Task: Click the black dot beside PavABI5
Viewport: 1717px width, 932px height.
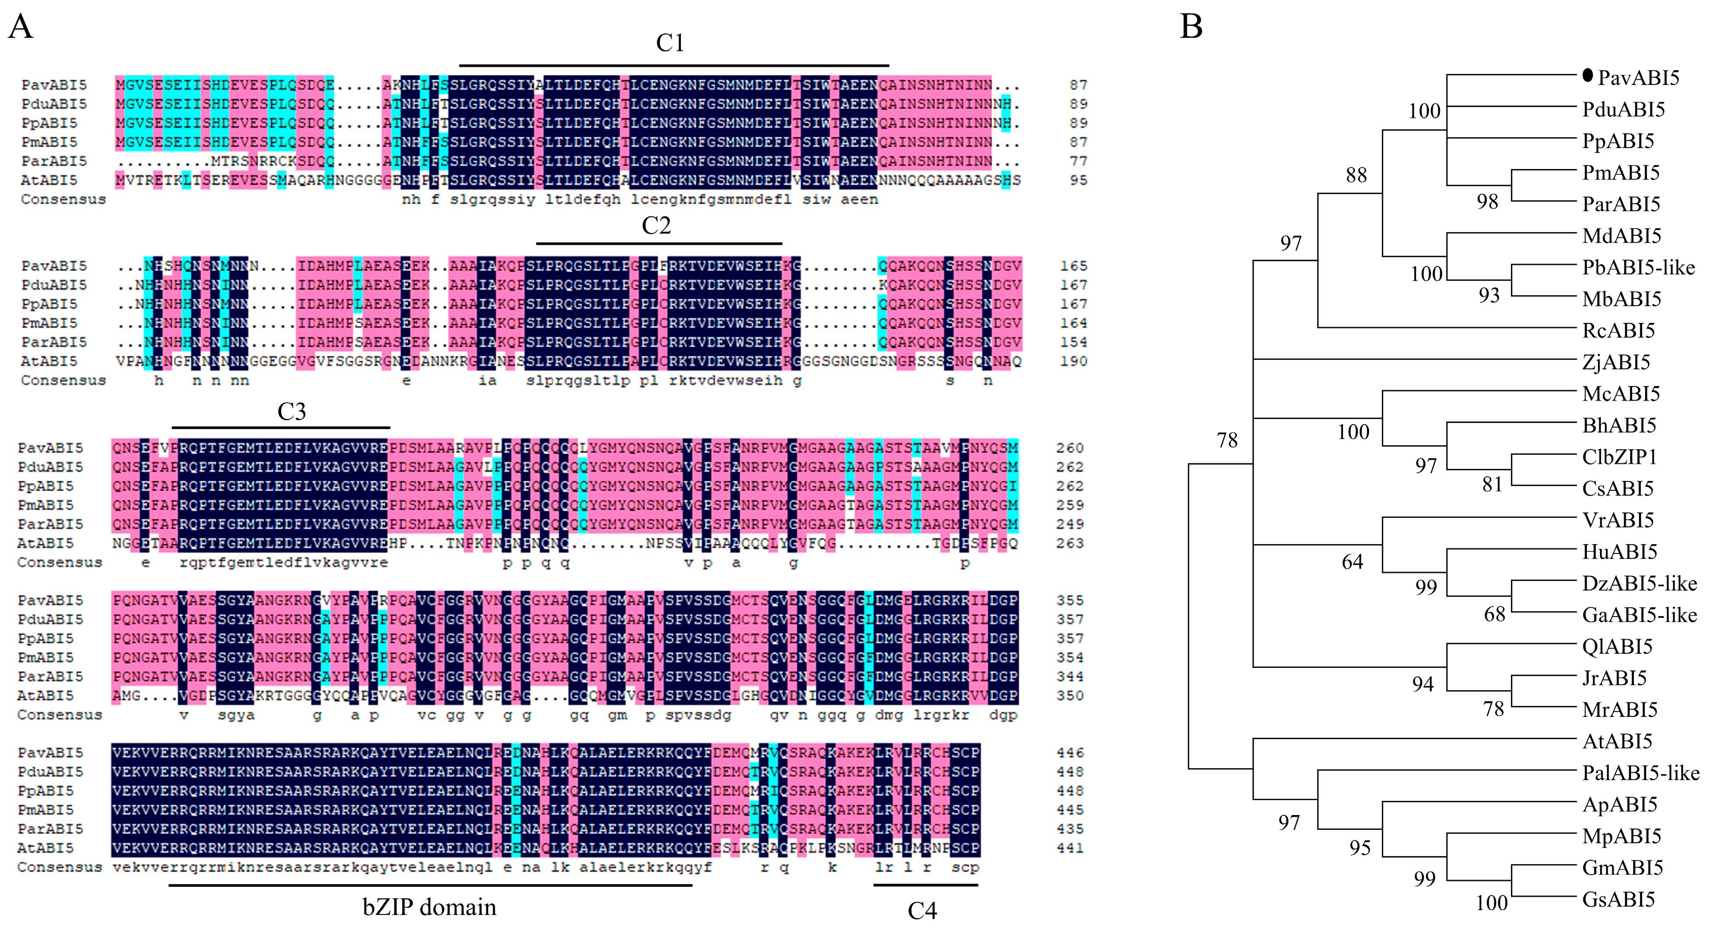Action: coord(1588,76)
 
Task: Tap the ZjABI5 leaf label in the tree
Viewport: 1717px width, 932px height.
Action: coord(1616,362)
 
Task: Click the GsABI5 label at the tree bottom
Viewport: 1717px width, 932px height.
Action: coord(1618,899)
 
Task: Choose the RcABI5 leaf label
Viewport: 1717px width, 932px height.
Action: coord(1618,331)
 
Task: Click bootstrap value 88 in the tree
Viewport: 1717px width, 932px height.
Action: coord(1356,175)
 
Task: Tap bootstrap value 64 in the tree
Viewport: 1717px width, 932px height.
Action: coord(1352,562)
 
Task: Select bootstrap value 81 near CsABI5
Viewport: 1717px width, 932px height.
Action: coord(1492,485)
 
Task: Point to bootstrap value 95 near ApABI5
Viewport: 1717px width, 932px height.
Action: coord(1360,848)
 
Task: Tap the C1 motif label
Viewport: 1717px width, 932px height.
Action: coord(670,43)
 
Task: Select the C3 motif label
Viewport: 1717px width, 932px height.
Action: coord(291,411)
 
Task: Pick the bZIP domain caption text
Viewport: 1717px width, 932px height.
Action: coord(429,907)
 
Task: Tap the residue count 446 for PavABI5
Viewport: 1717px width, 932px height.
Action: coord(1070,753)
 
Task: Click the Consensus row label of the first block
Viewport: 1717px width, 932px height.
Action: coord(63,199)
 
